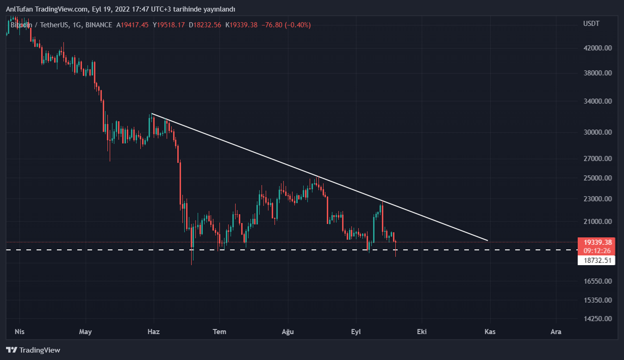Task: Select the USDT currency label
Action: click(x=591, y=24)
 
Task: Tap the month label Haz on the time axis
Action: click(x=153, y=332)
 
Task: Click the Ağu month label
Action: click(x=288, y=332)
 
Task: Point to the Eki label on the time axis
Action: click(x=421, y=332)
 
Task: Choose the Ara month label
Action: click(x=556, y=332)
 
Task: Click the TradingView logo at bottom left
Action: click(x=33, y=350)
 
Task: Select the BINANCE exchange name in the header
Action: click(x=99, y=25)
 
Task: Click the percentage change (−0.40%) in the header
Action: click(x=298, y=25)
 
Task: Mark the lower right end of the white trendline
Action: click(x=488, y=241)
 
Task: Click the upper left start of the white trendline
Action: click(x=152, y=113)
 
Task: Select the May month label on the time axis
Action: click(x=86, y=332)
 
